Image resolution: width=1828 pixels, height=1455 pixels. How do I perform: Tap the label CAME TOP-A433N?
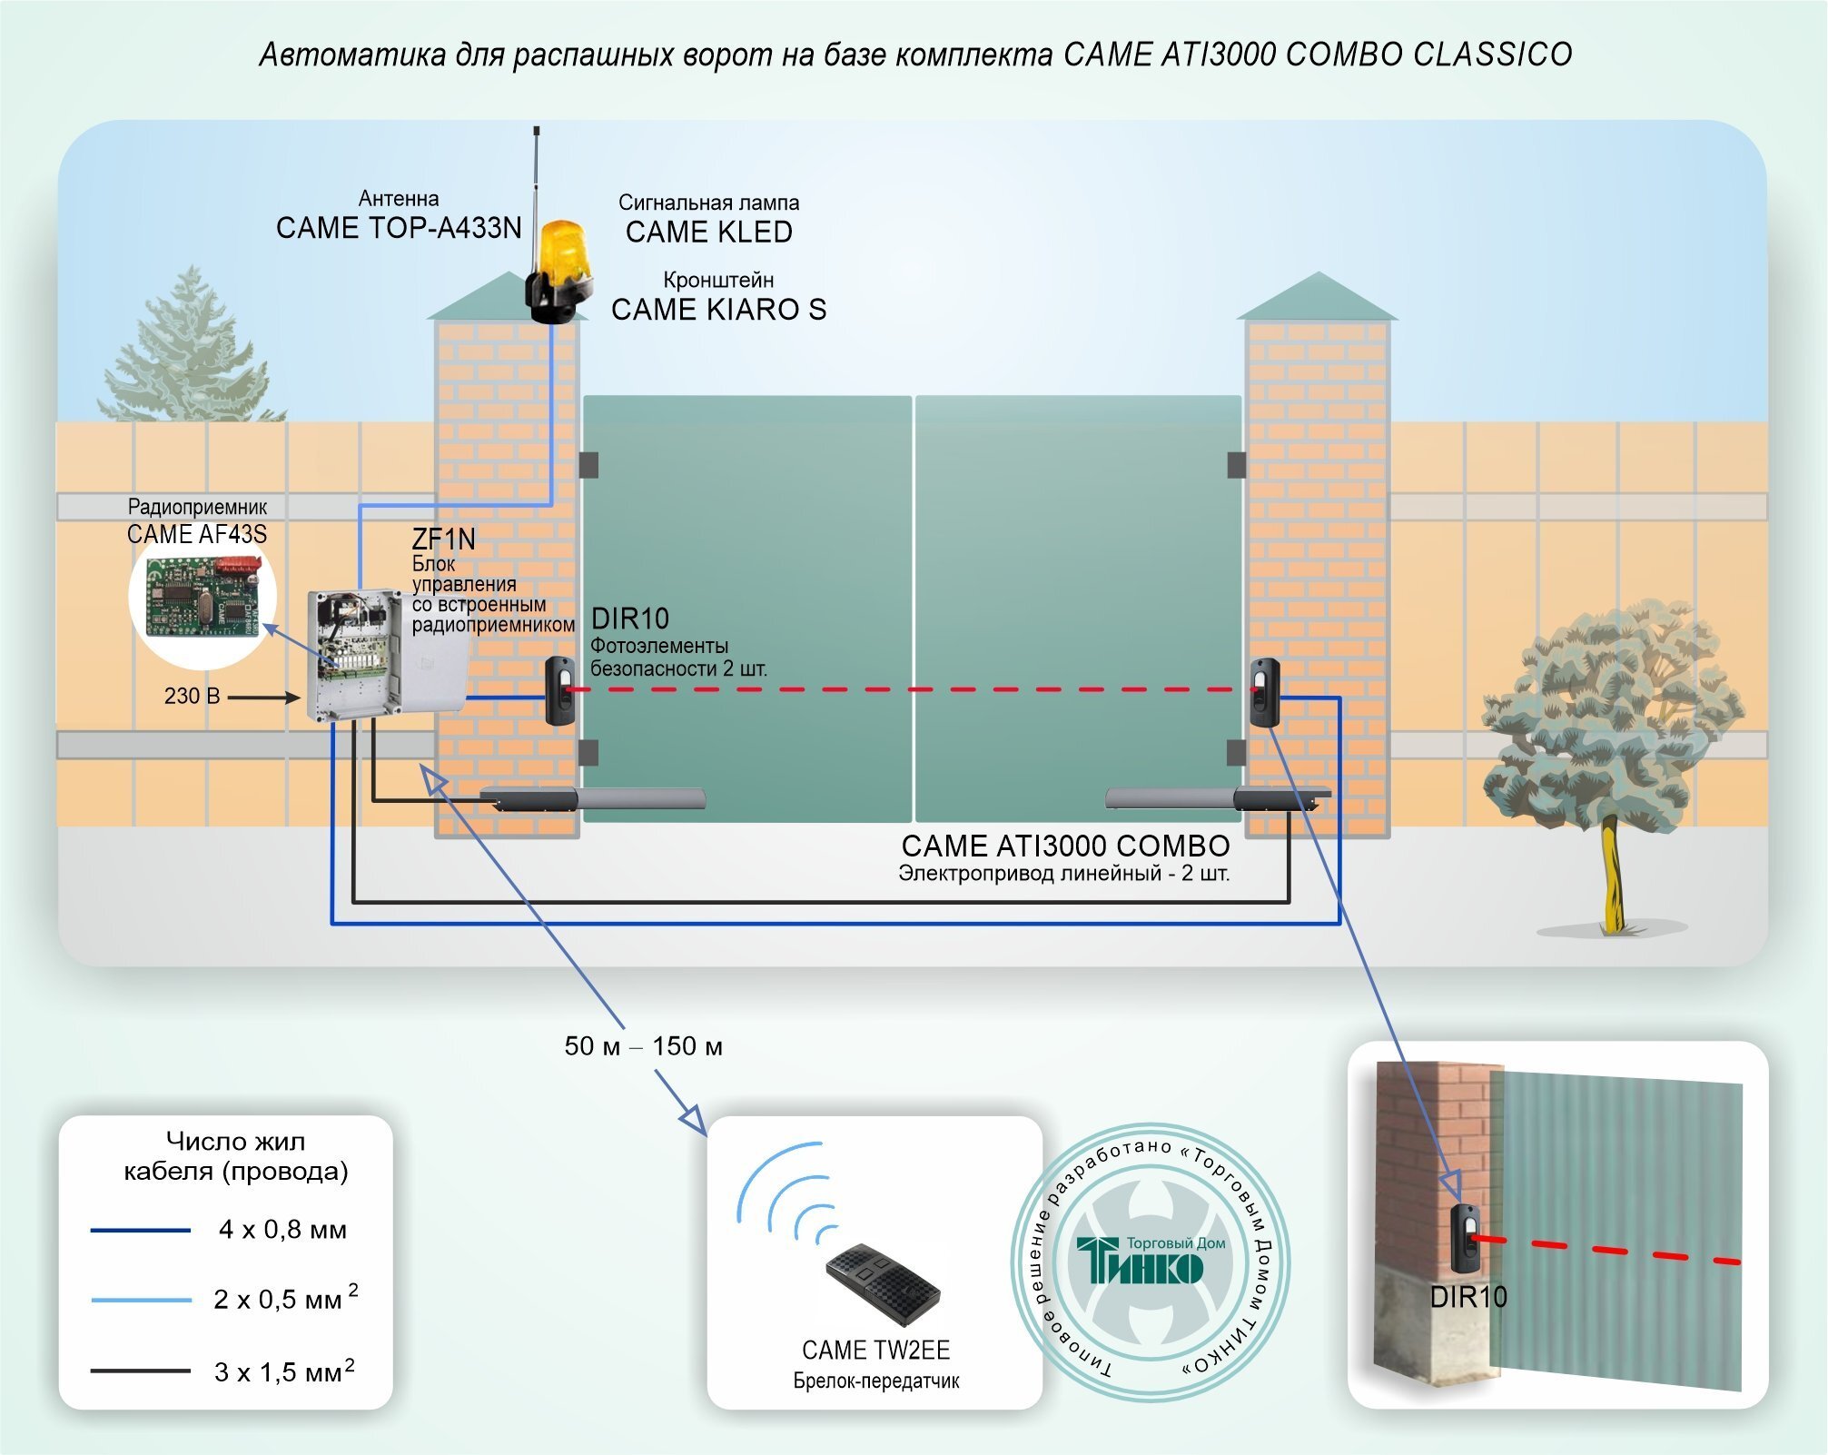[x=399, y=228]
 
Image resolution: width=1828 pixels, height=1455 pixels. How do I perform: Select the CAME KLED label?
[x=709, y=233]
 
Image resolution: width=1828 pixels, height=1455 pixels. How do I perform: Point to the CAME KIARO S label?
[x=718, y=310]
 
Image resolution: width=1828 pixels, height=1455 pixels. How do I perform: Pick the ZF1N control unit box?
[x=354, y=654]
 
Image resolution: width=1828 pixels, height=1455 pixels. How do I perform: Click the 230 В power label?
[x=193, y=696]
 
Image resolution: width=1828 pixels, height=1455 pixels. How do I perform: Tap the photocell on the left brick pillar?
[x=559, y=690]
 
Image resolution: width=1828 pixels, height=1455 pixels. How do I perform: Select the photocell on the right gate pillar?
[x=1265, y=692]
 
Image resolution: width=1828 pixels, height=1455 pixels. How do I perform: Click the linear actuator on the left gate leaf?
[x=592, y=799]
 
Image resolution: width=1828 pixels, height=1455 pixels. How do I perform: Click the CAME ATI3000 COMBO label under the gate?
[x=1065, y=846]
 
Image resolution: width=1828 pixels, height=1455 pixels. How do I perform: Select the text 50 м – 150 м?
[x=643, y=1046]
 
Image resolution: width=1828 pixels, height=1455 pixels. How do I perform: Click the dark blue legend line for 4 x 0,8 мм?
[x=141, y=1231]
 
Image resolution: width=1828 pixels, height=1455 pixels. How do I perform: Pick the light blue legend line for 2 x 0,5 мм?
[x=141, y=1301]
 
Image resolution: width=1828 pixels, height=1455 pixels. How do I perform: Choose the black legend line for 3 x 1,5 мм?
[x=141, y=1371]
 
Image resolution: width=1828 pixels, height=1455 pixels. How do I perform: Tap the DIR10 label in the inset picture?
[x=1468, y=1297]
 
